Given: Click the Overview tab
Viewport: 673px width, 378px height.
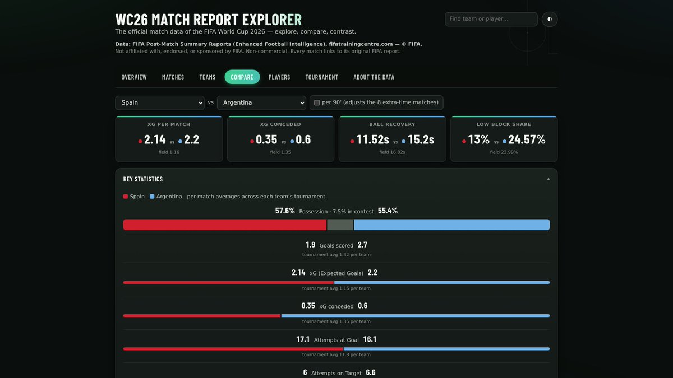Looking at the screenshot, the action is click(134, 77).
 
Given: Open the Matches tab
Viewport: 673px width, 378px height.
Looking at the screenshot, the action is click(173, 77).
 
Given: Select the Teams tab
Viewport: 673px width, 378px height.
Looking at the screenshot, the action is click(208, 77).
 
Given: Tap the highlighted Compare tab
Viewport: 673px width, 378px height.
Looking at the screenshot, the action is click(242, 77).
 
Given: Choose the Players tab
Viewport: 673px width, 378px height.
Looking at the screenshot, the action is click(279, 77).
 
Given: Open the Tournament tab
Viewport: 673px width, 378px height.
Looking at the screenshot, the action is click(321, 77).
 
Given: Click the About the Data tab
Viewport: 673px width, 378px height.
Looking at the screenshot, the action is click(374, 77).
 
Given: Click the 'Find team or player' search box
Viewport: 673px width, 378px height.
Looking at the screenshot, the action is click(491, 19).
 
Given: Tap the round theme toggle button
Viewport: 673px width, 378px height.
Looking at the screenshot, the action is click(550, 19).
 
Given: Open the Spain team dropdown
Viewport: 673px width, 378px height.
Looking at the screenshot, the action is click(159, 103).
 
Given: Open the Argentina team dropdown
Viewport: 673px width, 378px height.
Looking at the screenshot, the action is click(261, 103).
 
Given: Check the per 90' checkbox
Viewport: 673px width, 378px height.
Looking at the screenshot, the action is click(317, 102).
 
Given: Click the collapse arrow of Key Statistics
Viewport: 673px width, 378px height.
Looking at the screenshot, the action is click(548, 179).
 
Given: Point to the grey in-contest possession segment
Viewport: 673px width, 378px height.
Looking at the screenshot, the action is click(340, 225).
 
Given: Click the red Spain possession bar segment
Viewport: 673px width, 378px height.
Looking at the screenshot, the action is click(225, 225).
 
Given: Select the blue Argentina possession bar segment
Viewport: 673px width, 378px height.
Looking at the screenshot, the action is click(452, 225).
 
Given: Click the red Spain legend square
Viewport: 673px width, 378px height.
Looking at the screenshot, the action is click(126, 197).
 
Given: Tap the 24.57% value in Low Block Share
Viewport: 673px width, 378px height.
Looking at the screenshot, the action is click(527, 139).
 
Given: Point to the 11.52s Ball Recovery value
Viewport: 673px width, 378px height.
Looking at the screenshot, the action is click(372, 139).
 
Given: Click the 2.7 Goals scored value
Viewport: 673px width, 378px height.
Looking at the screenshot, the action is click(362, 245).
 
